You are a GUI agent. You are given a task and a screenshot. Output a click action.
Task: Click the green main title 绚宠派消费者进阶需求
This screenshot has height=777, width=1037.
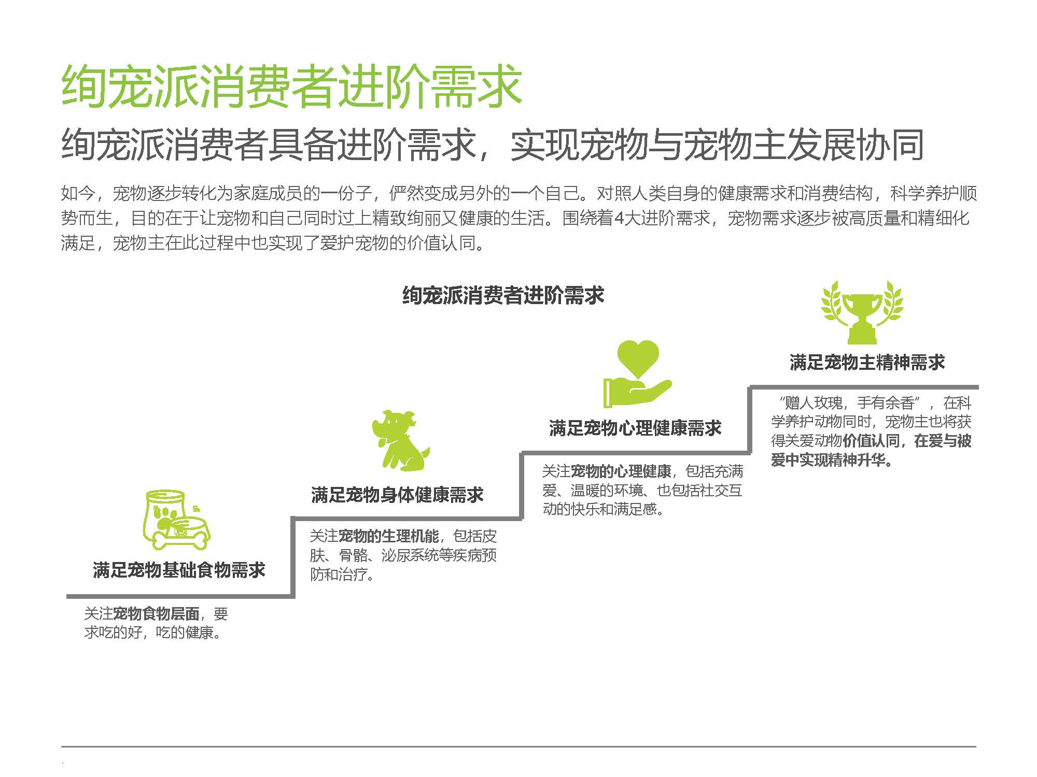click(291, 87)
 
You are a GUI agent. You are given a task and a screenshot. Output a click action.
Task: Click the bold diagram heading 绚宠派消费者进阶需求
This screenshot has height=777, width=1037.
click(503, 296)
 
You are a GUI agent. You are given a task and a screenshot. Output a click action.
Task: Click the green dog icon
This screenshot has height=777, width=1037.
click(401, 441)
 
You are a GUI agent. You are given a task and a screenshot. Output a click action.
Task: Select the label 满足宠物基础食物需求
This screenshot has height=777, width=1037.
click(179, 570)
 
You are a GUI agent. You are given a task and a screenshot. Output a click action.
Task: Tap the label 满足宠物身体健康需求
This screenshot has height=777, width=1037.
click(397, 495)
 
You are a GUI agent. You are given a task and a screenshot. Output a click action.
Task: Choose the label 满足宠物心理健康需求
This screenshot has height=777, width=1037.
click(635, 428)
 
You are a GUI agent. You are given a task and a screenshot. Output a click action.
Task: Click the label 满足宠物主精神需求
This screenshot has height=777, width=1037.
click(867, 362)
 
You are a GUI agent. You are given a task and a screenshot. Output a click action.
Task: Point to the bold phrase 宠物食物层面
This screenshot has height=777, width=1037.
click(156, 614)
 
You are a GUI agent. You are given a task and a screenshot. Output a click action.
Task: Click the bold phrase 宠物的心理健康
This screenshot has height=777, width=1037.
click(621, 471)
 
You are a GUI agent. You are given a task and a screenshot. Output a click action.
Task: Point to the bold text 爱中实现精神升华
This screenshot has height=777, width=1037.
click(828, 459)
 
